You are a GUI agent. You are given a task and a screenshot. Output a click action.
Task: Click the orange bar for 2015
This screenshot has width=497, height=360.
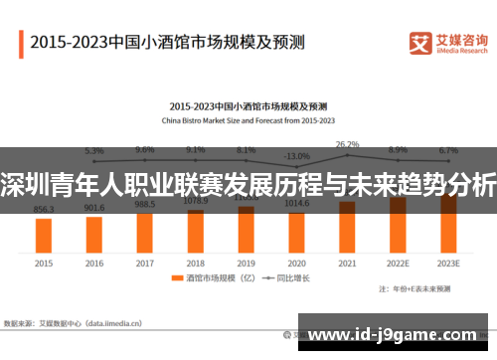[x=44, y=234]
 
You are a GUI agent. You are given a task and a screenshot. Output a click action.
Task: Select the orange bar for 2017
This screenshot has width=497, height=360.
[x=145, y=231]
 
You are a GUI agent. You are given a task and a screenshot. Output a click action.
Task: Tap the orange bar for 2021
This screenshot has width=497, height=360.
[x=347, y=225]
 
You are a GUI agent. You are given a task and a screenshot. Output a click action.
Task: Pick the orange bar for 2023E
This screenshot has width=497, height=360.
[x=448, y=221]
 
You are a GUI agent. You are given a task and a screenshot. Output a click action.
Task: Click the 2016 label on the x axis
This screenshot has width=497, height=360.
[x=94, y=264]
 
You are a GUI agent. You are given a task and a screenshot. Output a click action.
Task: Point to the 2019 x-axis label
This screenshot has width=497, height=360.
[x=247, y=264]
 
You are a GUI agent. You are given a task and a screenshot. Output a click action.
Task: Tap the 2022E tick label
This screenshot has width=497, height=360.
[x=398, y=264]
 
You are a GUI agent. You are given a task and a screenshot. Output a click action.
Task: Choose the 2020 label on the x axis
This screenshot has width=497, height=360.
[x=296, y=264]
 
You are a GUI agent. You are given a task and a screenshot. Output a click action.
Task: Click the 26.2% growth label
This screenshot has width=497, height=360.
[x=347, y=144]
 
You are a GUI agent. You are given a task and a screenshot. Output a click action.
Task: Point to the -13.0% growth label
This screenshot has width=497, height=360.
[x=296, y=156]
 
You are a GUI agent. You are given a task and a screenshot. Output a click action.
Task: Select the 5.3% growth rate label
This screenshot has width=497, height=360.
[x=94, y=150]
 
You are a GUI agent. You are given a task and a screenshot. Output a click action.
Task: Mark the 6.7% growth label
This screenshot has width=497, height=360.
[x=448, y=150]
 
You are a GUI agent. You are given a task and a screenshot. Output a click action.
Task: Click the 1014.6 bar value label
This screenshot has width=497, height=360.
[x=296, y=203]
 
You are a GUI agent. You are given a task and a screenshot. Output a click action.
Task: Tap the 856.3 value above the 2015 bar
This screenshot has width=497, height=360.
[x=44, y=210]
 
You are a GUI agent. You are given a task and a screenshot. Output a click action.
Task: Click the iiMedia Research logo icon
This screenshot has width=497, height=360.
[x=421, y=43]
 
